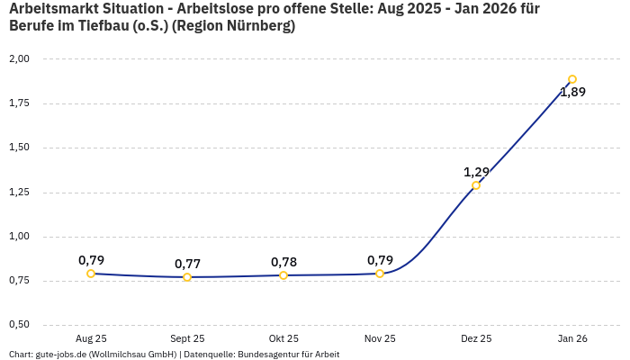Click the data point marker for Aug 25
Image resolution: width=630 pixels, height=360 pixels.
click(x=91, y=274)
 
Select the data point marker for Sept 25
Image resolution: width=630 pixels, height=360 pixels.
click(x=187, y=277)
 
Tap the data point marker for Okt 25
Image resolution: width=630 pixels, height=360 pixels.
click(x=283, y=275)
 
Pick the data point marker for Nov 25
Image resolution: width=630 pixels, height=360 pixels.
click(x=380, y=274)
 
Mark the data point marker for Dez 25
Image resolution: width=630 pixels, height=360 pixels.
click(x=476, y=185)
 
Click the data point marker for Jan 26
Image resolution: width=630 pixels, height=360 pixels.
click(x=572, y=79)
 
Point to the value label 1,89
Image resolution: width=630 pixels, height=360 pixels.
click(x=572, y=92)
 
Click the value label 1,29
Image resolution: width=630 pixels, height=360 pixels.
click(x=476, y=172)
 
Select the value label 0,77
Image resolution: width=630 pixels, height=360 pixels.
click(x=187, y=264)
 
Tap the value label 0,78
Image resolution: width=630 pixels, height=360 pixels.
click(x=283, y=262)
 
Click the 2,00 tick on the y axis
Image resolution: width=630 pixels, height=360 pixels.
click(x=19, y=59)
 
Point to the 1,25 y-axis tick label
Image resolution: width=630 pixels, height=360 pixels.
click(x=19, y=193)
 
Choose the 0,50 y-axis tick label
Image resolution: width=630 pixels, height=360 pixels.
click(x=19, y=325)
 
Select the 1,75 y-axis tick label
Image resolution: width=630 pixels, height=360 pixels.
click(x=19, y=103)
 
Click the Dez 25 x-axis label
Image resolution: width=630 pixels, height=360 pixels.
click(x=476, y=338)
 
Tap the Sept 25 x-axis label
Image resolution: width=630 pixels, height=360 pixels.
click(x=187, y=338)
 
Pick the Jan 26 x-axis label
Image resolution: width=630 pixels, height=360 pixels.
click(x=572, y=338)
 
